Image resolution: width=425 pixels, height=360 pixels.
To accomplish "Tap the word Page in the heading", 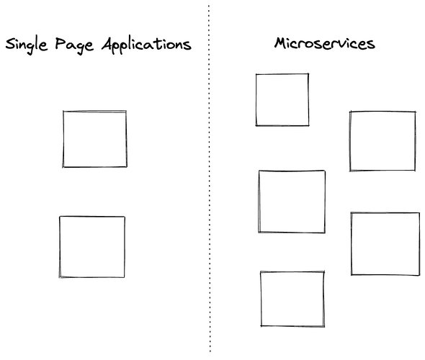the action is (74, 45).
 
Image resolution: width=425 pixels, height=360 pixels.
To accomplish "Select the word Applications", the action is (146, 45).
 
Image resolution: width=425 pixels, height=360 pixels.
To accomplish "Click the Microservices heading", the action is (324, 44).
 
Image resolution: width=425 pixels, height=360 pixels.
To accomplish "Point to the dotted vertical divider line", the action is (209, 179).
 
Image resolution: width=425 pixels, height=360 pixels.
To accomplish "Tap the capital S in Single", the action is (10, 44).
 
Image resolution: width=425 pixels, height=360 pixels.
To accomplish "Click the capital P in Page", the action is (61, 44).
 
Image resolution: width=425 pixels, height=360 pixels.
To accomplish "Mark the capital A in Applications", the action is (107, 44).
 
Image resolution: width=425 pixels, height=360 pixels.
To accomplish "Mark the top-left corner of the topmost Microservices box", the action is (256, 74).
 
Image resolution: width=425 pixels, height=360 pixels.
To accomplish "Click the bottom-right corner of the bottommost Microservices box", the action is (324, 326).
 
